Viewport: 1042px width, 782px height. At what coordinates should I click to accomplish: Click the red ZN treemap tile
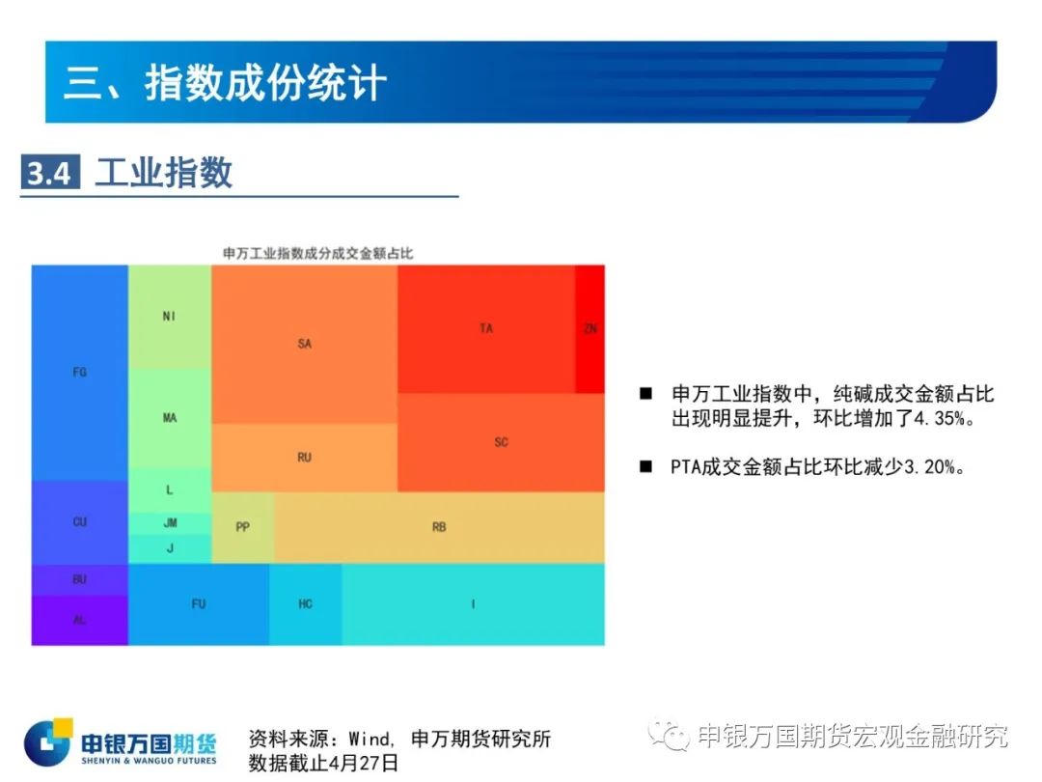point(590,328)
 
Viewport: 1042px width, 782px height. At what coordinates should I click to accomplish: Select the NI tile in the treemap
point(170,317)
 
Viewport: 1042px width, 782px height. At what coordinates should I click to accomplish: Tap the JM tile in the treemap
point(170,523)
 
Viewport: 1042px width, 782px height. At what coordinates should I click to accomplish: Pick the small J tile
point(170,548)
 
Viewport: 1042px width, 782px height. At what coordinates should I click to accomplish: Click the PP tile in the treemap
point(242,527)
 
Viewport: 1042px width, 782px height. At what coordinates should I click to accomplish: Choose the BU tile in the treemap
point(80,579)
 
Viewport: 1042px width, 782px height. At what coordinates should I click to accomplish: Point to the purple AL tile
point(80,620)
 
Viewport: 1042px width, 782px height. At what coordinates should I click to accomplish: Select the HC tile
point(306,604)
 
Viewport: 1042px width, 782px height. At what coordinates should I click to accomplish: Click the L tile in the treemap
point(170,490)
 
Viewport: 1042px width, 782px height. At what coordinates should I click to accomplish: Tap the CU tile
point(80,522)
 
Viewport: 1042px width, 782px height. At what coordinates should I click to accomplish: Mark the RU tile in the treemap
point(304,458)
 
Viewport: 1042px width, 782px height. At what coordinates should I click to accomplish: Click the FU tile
point(199,604)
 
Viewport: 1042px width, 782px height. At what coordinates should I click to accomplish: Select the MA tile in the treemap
point(170,418)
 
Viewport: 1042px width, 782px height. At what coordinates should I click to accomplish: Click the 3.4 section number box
point(50,172)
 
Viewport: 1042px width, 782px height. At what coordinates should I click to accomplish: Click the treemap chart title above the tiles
point(317,253)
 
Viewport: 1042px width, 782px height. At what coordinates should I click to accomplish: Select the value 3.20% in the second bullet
point(929,467)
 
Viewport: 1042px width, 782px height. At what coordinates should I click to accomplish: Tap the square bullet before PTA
point(645,466)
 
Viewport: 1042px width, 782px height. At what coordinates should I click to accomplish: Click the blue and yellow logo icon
point(48,741)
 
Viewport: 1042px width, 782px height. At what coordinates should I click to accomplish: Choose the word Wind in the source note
point(370,739)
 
